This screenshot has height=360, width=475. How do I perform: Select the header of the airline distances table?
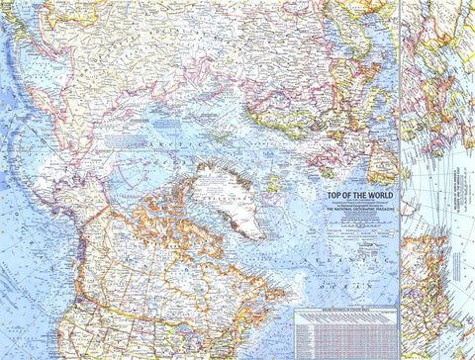pos(344,313)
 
